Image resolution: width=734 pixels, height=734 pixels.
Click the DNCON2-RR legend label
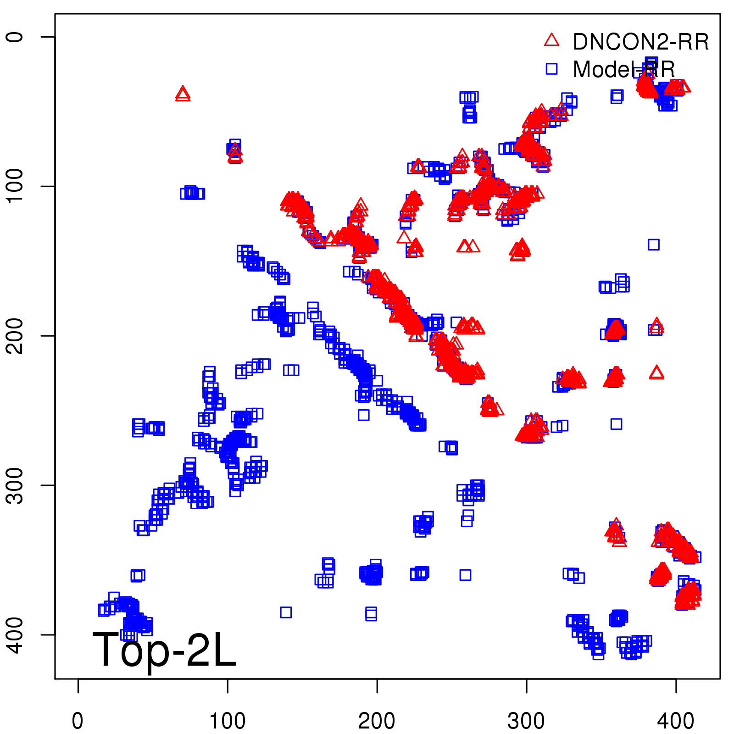click(640, 42)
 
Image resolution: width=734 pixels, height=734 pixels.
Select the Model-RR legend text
click(624, 70)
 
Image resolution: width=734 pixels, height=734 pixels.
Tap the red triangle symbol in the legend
click(551, 40)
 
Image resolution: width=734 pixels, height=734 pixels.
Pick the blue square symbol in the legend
click(551, 69)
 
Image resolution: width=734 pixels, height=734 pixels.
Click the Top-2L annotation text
click(164, 650)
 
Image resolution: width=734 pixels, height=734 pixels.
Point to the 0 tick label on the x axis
click(78, 721)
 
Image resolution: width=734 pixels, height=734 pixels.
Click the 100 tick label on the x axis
click(227, 721)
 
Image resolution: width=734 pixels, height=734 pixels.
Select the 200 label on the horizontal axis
click(377, 721)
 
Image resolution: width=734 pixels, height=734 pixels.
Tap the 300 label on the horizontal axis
click(526, 721)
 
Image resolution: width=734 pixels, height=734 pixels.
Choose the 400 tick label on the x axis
click(676, 721)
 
